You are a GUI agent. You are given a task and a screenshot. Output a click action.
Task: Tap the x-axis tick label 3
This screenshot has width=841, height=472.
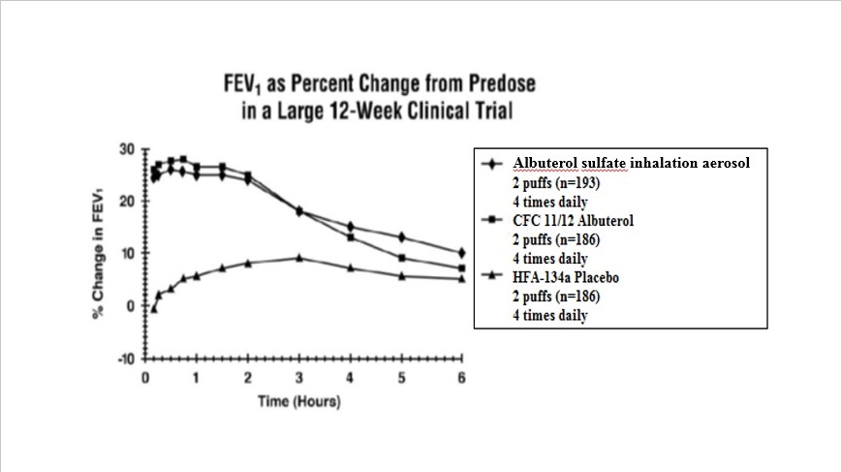(298, 377)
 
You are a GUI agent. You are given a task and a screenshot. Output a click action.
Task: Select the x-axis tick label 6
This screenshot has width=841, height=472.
(461, 377)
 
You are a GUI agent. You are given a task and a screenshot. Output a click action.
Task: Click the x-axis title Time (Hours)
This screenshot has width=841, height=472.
(299, 401)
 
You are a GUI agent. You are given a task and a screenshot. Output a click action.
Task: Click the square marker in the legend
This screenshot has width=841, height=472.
(492, 221)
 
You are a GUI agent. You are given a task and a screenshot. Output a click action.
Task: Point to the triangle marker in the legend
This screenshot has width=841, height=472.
(492, 278)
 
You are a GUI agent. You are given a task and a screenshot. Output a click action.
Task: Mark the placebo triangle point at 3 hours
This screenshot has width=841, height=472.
(298, 258)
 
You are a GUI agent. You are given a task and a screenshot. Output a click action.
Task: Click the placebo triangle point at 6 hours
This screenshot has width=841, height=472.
(461, 279)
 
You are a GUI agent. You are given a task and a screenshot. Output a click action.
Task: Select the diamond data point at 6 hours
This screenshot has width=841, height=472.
(461, 253)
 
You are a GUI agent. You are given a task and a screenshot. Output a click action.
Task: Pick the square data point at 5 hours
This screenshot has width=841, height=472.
(401, 258)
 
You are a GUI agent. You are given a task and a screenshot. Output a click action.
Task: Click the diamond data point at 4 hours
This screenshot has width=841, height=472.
(351, 227)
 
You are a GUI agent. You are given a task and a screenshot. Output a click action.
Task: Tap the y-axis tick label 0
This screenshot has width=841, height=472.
(132, 306)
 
